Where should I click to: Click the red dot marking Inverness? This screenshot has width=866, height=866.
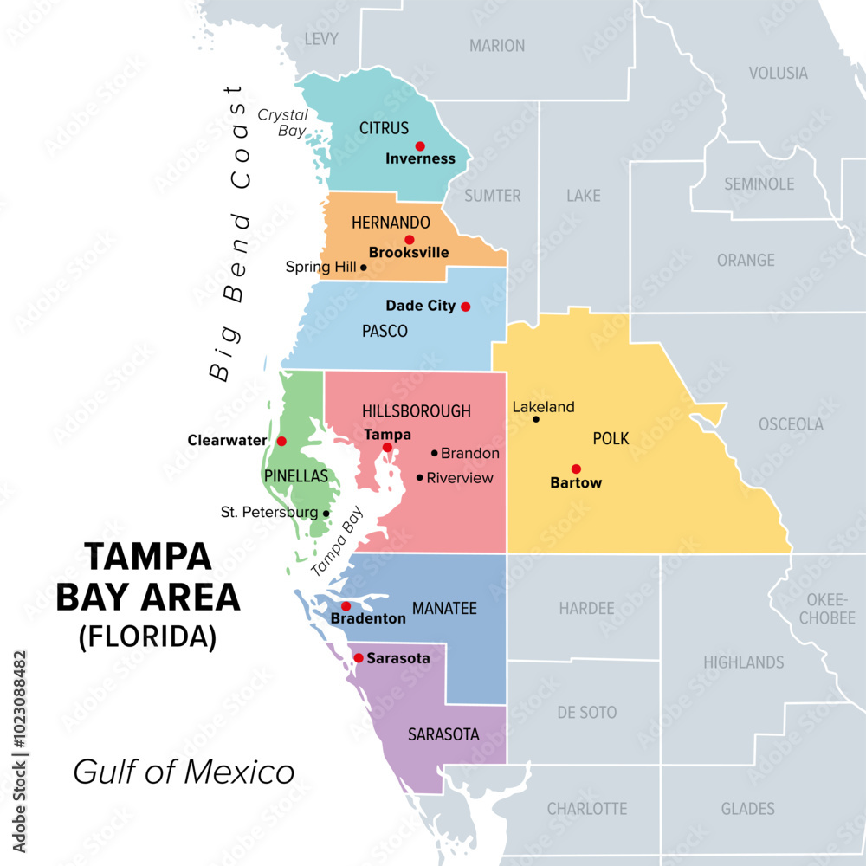[420, 146]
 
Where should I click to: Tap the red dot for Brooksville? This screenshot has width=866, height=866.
[410, 240]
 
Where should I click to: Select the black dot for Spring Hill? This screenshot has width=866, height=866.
[364, 268]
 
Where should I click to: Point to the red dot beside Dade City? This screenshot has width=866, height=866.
[465, 307]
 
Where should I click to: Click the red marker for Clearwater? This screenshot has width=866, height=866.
[281, 441]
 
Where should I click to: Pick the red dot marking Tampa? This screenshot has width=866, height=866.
[387, 448]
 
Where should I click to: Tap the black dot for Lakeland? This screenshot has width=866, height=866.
[536, 419]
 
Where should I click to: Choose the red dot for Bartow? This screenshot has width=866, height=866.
[576, 469]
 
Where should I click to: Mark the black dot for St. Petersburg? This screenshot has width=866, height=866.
[326, 514]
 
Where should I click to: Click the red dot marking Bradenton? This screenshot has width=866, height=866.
[346, 606]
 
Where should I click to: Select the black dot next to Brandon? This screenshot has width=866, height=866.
[435, 453]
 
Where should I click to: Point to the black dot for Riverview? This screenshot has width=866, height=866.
[420, 477]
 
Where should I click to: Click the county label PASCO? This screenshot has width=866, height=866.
[385, 332]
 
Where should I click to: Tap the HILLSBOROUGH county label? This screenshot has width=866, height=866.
[417, 411]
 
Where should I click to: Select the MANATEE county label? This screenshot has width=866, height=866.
[444, 609]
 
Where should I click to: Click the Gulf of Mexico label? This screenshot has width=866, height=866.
[184, 772]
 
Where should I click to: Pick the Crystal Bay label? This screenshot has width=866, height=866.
[282, 123]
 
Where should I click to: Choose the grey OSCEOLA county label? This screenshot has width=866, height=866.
[791, 424]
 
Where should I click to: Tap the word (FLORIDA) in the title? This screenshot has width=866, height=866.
[147, 637]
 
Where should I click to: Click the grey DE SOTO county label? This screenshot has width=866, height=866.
[587, 713]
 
